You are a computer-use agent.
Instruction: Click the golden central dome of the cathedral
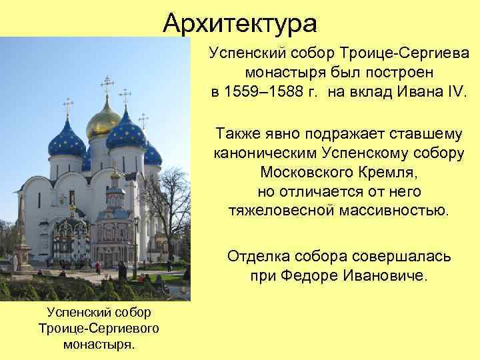coord(103,121)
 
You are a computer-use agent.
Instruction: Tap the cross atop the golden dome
coord(106,85)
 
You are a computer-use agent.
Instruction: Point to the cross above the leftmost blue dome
coord(67,106)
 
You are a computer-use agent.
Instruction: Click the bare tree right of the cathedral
coord(175,200)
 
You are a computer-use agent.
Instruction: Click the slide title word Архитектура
coord(240,24)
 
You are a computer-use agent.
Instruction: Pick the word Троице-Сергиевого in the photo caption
coord(97,329)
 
